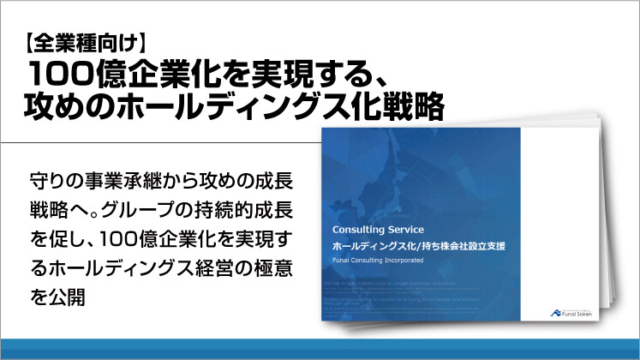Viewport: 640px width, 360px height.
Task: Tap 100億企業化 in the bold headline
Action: click(x=128, y=72)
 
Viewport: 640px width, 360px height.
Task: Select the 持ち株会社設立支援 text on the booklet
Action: click(x=462, y=246)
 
